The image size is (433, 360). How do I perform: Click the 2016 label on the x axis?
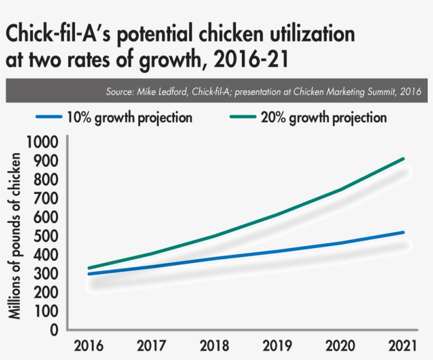point(88,346)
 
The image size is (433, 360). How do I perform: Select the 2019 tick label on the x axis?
point(278,346)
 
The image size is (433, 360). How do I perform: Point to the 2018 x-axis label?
point(215,346)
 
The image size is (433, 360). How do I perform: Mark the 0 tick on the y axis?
point(55,330)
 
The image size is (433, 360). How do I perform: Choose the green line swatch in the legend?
point(241,117)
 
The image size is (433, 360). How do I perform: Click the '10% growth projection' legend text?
point(129,117)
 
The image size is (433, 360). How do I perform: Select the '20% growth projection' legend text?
point(324,117)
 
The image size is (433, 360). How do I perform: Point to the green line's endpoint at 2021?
point(404,158)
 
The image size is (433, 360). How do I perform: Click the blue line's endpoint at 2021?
point(404,232)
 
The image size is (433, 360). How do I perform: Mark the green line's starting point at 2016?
point(88,268)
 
